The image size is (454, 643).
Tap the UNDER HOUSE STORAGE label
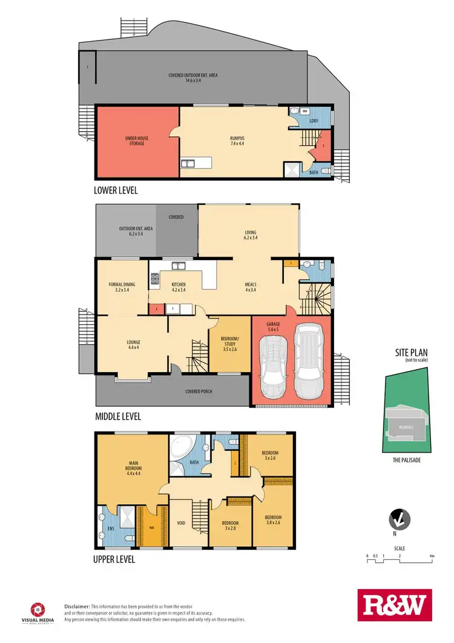pos(137,141)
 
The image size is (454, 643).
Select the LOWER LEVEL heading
pos(116,190)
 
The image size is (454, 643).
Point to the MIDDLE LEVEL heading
pos(118,416)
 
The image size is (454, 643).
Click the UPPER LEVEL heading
pos(114,559)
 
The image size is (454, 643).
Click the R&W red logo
pos(394,605)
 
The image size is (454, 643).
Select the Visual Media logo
pos(38,612)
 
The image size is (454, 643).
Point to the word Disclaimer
pos(77,606)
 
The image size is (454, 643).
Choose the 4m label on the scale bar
pos(432,556)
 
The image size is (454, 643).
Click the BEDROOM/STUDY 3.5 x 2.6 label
pos(230,341)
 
